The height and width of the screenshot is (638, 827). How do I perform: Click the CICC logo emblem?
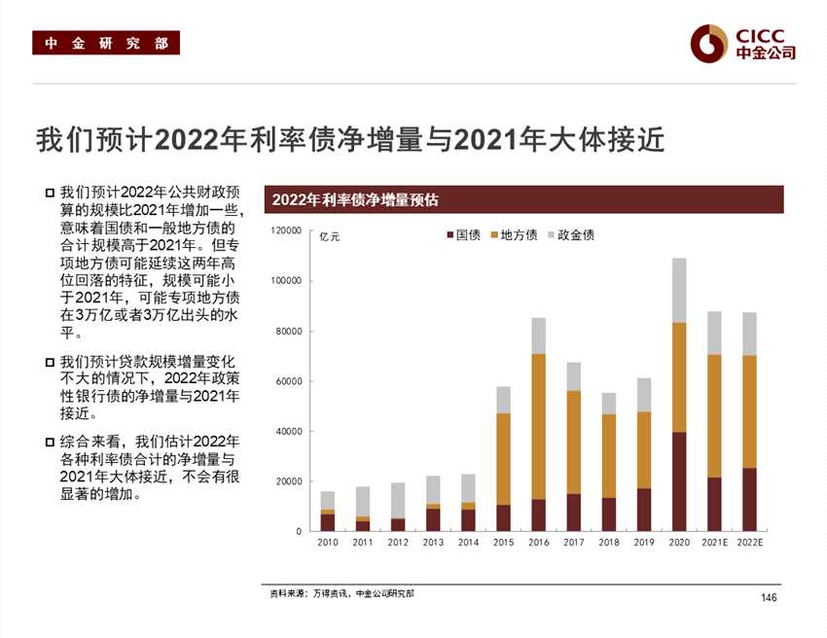pos(708,42)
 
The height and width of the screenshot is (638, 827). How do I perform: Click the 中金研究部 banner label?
pos(106,43)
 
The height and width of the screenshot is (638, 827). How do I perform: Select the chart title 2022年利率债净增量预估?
pos(355,200)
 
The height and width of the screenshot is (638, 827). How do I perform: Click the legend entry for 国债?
pos(463,235)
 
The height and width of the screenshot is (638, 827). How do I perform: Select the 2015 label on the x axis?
pos(503,543)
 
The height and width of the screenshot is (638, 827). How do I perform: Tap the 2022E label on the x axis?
pos(749,543)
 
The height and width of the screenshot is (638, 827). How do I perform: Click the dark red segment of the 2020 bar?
pos(679,481)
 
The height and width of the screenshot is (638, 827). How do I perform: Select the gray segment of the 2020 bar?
pos(679,290)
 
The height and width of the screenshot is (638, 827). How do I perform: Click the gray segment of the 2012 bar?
pos(397,500)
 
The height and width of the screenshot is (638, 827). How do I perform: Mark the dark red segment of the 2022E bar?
pos(749,500)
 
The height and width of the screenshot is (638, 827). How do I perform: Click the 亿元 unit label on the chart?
pos(330,236)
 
